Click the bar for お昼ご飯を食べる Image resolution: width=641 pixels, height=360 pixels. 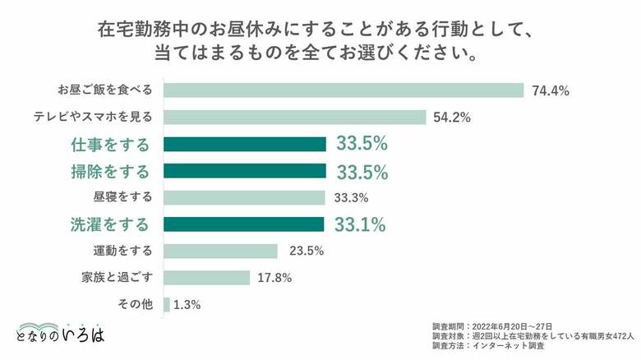344,90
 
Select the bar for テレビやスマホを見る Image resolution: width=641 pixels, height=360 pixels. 295,117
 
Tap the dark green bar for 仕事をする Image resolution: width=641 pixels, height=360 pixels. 245,145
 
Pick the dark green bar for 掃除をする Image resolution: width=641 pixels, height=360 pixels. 245,171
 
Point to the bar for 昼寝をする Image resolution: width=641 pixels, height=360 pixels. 245,197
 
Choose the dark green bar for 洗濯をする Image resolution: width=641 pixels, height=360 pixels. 244,224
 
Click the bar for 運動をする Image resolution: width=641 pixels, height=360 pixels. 221,251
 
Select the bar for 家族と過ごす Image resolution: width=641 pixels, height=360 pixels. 207,278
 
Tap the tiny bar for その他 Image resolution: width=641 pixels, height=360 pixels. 167,305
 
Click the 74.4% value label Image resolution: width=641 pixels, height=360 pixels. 551,90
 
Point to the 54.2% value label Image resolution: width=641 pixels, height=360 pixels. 452,117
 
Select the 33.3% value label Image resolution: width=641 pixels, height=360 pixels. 351,197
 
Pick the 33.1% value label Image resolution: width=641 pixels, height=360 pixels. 361,224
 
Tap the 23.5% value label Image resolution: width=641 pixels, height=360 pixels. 303,251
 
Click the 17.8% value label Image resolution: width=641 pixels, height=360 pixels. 275,278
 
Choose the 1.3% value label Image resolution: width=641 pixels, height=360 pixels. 187,305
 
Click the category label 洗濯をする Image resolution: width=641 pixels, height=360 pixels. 109,224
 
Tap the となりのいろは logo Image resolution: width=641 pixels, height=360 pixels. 60,330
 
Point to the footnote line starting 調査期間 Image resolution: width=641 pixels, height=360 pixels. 492,325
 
